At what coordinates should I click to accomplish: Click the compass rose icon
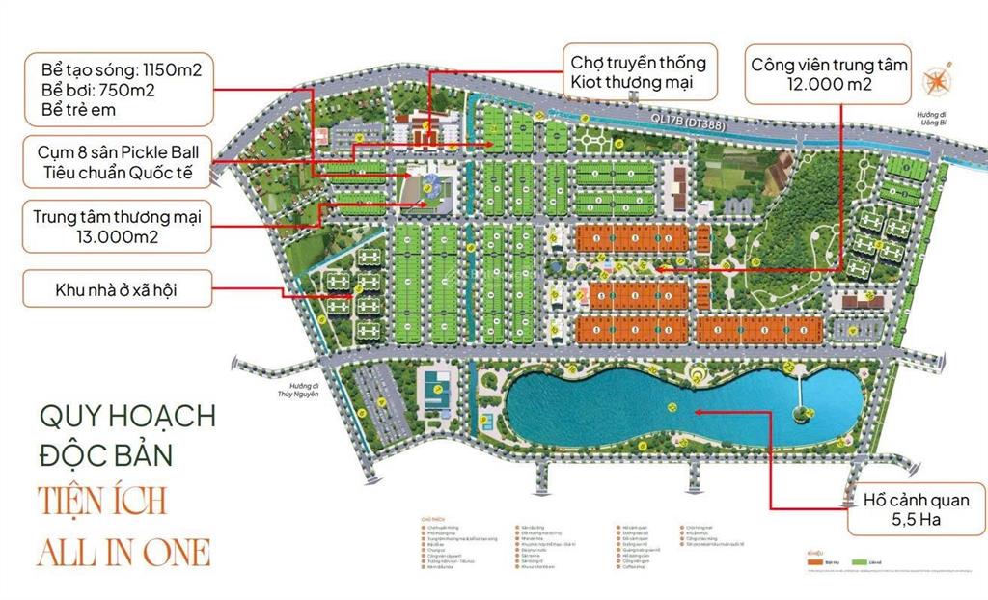pyautogui.click(x=937, y=82)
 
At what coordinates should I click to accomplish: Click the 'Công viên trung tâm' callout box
pyautogui.click(x=828, y=75)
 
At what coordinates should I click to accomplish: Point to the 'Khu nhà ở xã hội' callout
pyautogui.click(x=118, y=287)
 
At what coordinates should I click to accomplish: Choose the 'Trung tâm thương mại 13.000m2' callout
pyautogui.click(x=118, y=226)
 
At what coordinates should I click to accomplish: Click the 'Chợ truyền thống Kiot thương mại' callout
pyautogui.click(x=638, y=72)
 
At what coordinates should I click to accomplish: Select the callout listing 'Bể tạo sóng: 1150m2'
pyautogui.click(x=118, y=89)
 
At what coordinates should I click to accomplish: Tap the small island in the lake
pyautogui.click(x=800, y=414)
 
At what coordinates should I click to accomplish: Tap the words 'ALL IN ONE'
pyautogui.click(x=123, y=551)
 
